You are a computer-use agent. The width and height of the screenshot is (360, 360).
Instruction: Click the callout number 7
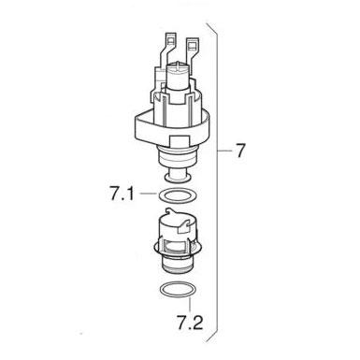239,151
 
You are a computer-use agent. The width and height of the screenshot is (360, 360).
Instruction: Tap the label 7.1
122,194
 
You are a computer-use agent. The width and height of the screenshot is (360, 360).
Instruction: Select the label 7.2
190,322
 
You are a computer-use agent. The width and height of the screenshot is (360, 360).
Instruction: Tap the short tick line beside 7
224,151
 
